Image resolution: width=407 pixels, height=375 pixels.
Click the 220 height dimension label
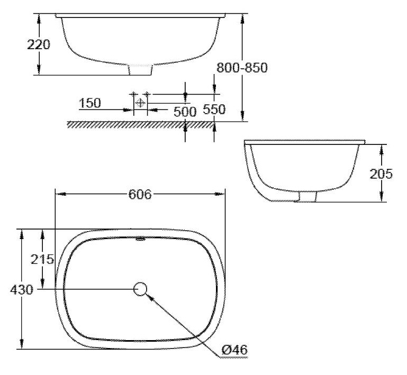click(39, 44)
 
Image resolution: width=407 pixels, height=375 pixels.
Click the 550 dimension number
click(214, 109)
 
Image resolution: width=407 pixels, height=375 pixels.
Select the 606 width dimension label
click(140, 194)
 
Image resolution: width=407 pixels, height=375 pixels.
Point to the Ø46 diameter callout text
click(234, 350)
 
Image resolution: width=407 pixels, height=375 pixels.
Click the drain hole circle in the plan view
click(141, 289)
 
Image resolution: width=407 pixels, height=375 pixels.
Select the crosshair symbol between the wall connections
click(140, 102)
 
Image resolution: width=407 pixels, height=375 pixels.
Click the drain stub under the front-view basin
click(140, 70)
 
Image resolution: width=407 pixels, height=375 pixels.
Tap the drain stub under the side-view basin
click(307, 196)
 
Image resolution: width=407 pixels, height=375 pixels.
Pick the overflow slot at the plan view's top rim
click(140, 239)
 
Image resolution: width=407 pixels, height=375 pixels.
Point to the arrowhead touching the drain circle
click(150, 297)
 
